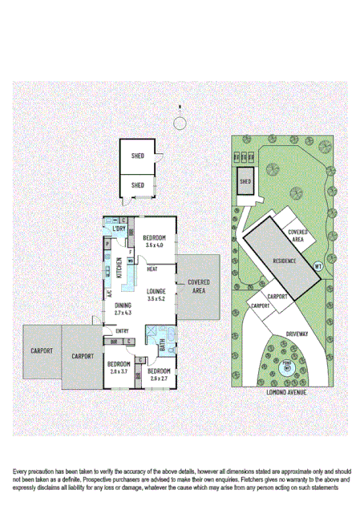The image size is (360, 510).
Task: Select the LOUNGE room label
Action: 156,291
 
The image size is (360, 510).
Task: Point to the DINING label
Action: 123,306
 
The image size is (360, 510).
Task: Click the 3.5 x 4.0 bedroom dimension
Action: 155,245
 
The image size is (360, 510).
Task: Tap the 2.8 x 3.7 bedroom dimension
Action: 119,371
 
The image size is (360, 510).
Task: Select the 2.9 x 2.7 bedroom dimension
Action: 159,378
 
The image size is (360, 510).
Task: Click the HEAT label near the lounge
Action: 152,269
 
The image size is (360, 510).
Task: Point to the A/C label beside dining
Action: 107,293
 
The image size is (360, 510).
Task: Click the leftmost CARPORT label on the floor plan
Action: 42,350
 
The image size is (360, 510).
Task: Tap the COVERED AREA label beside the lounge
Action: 199,286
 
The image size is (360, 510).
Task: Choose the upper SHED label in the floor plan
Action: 137,156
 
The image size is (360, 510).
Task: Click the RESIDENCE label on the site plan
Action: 285,261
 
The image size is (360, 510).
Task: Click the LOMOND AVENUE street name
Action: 285,394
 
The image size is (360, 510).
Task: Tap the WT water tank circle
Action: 318,265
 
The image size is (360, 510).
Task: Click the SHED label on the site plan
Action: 245,181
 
